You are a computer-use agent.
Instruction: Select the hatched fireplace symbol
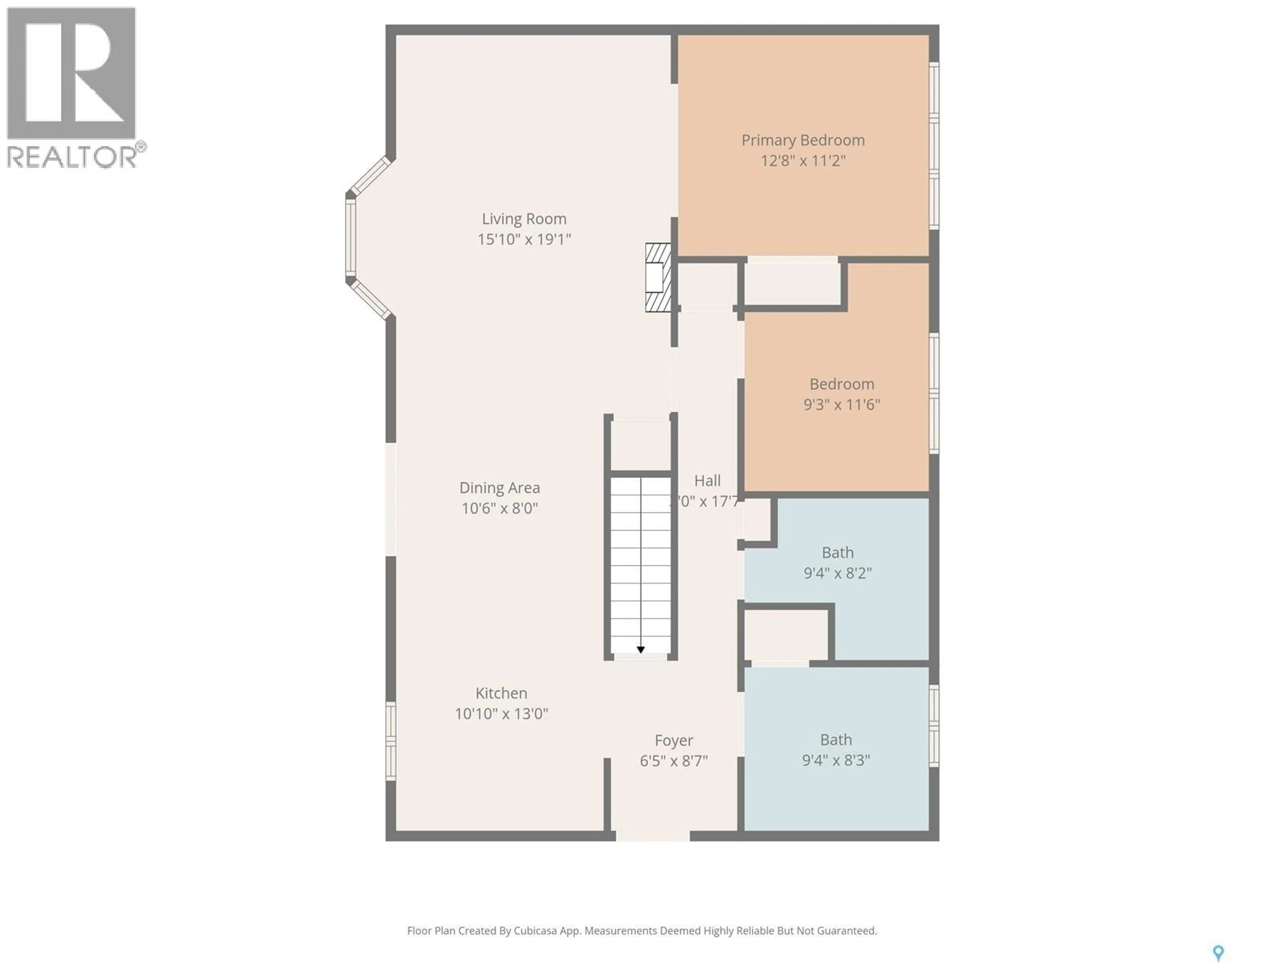click(658, 278)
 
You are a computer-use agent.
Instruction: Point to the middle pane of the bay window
click(351, 238)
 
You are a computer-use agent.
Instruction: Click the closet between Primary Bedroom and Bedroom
click(792, 283)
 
